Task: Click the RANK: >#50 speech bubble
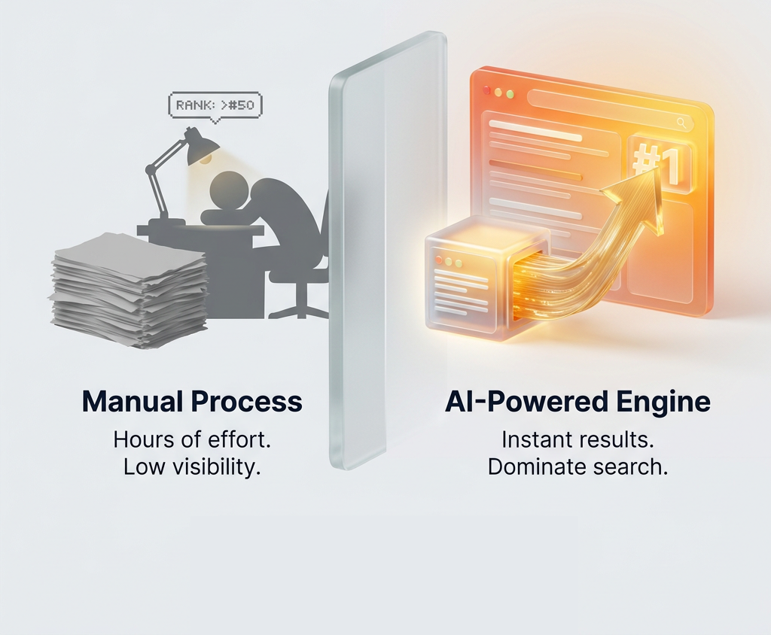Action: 215,106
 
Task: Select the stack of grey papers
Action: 130,290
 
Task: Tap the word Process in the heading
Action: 246,402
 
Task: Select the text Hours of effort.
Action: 192,439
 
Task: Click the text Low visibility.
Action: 192,466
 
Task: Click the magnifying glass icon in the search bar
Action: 681,123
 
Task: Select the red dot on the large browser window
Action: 487,90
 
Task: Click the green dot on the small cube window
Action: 459,263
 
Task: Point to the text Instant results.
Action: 577,439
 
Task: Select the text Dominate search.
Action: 577,466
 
